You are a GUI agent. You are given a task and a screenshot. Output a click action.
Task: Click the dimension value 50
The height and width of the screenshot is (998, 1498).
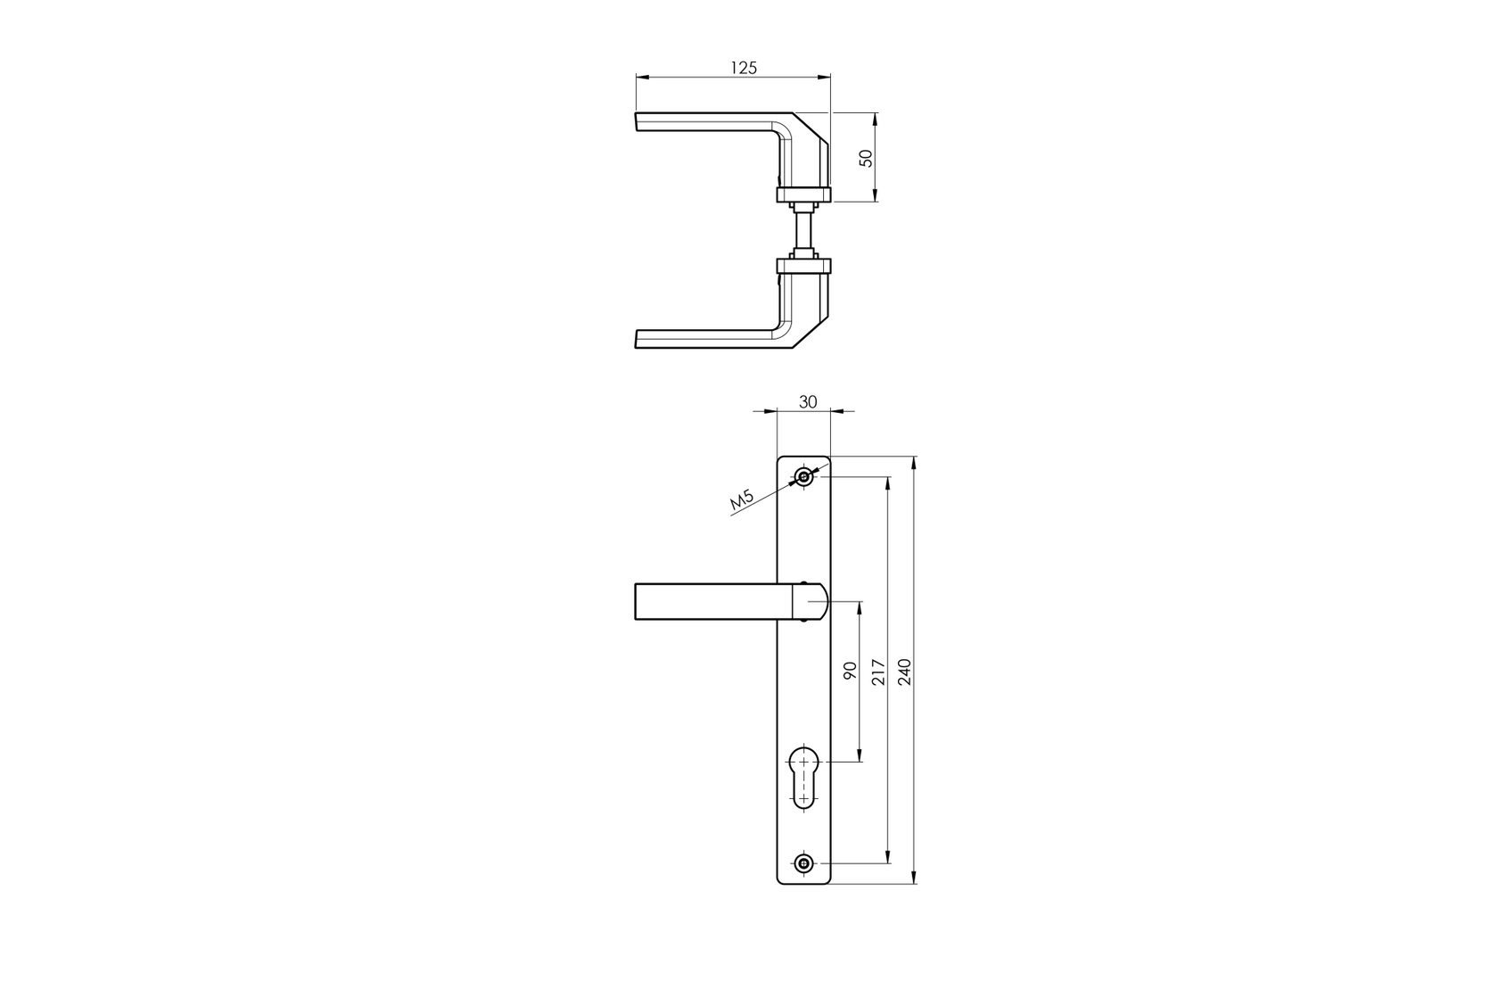click(x=864, y=158)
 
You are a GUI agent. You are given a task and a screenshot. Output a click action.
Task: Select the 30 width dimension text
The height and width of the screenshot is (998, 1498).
click(x=807, y=402)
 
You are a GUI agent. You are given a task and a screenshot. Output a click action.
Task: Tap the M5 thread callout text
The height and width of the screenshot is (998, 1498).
click(x=743, y=501)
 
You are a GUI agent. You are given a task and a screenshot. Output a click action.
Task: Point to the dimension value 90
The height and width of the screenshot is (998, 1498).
click(x=850, y=671)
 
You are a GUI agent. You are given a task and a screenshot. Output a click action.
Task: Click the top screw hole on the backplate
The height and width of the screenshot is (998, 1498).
click(x=804, y=478)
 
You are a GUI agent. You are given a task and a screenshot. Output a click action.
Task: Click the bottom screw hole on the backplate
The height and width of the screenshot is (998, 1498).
click(x=804, y=863)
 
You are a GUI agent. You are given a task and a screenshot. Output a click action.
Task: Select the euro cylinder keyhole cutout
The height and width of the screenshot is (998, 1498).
click(x=804, y=776)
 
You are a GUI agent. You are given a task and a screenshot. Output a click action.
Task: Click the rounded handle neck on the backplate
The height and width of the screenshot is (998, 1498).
click(x=811, y=601)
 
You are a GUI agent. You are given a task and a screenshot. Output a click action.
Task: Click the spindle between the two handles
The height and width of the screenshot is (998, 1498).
click(x=804, y=230)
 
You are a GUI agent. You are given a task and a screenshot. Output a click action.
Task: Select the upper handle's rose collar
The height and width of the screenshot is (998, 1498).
click(x=803, y=194)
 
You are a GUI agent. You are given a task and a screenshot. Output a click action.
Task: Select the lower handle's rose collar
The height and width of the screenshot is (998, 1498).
click(x=803, y=265)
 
